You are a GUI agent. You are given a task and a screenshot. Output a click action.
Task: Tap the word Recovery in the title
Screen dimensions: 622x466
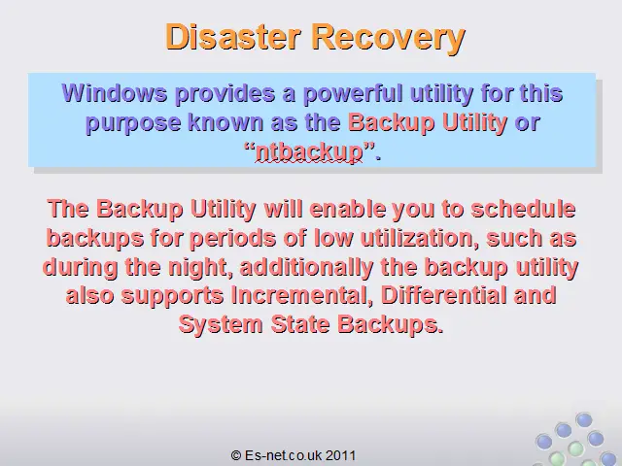tap(389, 38)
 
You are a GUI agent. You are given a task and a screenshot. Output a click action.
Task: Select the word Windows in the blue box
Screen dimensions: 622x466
tap(115, 93)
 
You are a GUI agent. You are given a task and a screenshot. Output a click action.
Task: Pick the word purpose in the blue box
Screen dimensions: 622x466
tap(133, 123)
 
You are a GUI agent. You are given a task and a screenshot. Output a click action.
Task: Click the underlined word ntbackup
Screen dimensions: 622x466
tap(309, 152)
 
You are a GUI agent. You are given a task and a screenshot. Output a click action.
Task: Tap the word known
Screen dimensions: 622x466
tap(225, 122)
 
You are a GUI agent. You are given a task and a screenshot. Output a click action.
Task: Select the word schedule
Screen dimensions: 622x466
tap(523, 209)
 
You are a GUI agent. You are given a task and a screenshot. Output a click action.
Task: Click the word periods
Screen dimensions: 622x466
tap(232, 239)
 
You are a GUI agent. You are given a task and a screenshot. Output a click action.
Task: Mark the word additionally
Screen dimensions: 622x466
tap(306, 268)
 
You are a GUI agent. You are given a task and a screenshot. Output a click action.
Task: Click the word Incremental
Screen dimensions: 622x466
tap(302, 295)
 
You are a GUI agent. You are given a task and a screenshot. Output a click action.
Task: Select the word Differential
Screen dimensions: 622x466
tap(443, 295)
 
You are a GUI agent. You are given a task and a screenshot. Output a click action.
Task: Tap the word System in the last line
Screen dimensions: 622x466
tap(221, 324)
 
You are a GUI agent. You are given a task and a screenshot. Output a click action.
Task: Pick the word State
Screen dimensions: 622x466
tap(300, 324)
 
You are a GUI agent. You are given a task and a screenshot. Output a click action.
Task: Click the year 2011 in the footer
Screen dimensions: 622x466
tap(341, 455)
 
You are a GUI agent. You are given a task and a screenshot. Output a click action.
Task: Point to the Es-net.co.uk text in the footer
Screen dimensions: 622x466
tap(283, 455)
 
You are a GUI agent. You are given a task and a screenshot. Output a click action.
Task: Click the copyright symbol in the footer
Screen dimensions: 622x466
tap(236, 455)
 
